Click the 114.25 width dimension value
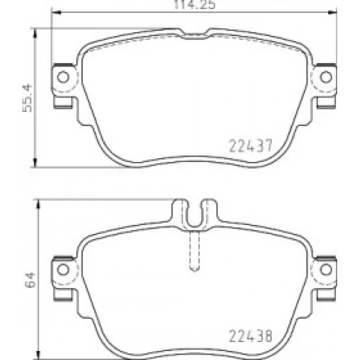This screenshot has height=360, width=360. click(x=195, y=4)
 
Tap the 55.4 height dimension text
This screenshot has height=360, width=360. click(x=27, y=98)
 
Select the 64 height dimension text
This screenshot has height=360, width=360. click(x=30, y=280)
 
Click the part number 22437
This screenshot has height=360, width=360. click(x=251, y=145)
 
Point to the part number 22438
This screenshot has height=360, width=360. click(x=251, y=336)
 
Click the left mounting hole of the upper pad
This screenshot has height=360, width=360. click(x=63, y=77)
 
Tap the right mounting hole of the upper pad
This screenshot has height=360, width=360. click(x=326, y=77)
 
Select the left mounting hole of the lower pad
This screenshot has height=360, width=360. click(x=63, y=269)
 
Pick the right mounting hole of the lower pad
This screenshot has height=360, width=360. click(x=326, y=269)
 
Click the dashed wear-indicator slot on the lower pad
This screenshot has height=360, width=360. click(x=195, y=251)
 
